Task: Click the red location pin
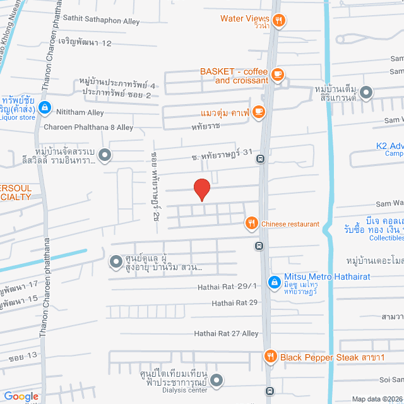pos(201,189)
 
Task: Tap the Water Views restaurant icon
pos(279,20)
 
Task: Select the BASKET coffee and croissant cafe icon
pos(277,75)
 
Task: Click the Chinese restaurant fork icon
pos(251,223)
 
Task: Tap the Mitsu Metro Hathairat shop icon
pos(273,282)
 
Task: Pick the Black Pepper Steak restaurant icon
pos(271,357)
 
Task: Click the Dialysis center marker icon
pos(217,380)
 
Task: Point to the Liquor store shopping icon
pos(44,108)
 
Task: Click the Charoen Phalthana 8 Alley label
pos(88,127)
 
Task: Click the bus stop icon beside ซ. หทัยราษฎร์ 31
pos(260,159)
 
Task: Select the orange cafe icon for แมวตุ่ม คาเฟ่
pos(258,112)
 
